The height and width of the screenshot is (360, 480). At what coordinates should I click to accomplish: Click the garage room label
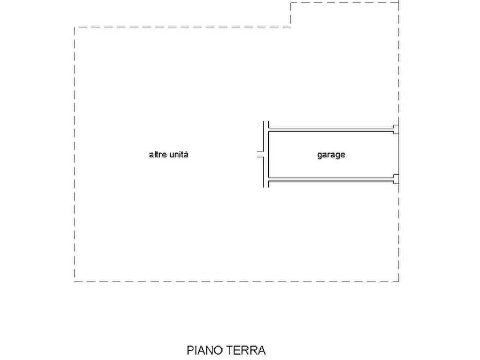click(331, 155)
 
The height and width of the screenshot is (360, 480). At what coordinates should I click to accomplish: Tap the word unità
click(179, 155)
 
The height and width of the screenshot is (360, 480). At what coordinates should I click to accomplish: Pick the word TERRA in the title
click(246, 350)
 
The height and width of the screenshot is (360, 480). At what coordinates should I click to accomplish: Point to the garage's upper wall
click(331, 129)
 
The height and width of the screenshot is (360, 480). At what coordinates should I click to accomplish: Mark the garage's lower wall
click(331, 180)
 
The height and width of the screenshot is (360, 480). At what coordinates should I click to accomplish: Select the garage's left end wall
click(267, 155)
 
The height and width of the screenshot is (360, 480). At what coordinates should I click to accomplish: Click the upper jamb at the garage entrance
click(396, 129)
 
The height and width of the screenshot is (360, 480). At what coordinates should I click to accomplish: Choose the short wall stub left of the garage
click(260, 157)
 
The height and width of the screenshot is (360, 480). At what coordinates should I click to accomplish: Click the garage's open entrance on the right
click(398, 155)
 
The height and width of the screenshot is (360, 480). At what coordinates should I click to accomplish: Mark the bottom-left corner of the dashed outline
click(74, 281)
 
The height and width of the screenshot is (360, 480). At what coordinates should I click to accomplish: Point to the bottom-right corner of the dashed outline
click(399, 281)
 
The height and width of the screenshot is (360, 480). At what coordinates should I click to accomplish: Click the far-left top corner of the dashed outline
click(74, 27)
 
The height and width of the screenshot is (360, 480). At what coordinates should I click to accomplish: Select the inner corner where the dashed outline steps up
click(291, 26)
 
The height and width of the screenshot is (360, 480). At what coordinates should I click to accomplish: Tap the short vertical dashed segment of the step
click(291, 15)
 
